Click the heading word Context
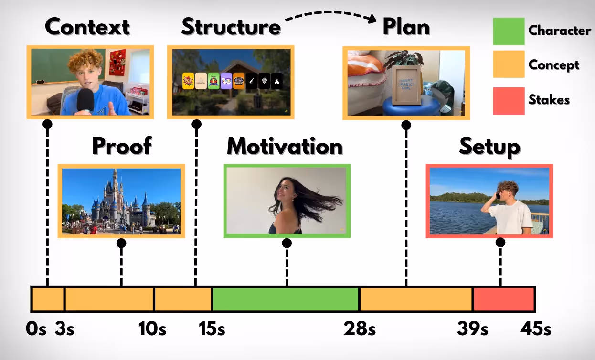[87, 27]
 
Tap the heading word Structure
[231, 27]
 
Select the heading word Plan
[406, 27]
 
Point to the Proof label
[122, 146]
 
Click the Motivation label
[285, 146]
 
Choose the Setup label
[489, 147]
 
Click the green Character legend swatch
[509, 32]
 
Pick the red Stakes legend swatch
[509, 100]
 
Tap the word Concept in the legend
[554, 65]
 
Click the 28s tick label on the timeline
[359, 329]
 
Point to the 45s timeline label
[534, 329]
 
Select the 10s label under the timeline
[152, 329]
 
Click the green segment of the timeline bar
[286, 299]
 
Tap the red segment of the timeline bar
[503, 299]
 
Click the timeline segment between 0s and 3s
[48, 299]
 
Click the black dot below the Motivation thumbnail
[287, 243]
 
